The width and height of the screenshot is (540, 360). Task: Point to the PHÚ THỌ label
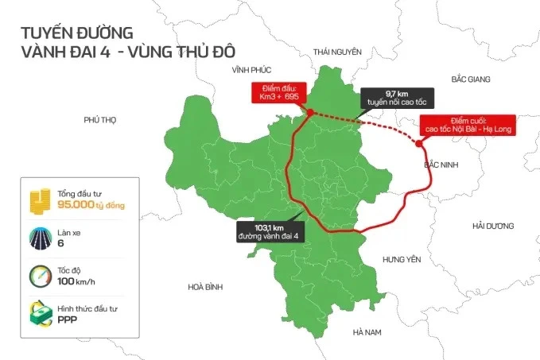pos(99,119)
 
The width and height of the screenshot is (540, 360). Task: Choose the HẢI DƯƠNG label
pos(494,226)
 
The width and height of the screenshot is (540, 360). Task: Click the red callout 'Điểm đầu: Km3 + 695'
pos(274,92)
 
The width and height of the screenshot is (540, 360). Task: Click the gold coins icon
pos(40,199)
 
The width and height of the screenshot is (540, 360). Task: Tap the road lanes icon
pos(40,237)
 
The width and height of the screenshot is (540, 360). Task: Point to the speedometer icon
pos(40,274)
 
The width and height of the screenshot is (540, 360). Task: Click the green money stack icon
pos(40,312)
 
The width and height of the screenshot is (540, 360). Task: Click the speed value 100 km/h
pos(76,281)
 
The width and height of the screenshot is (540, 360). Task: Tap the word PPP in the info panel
pos(67,318)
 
